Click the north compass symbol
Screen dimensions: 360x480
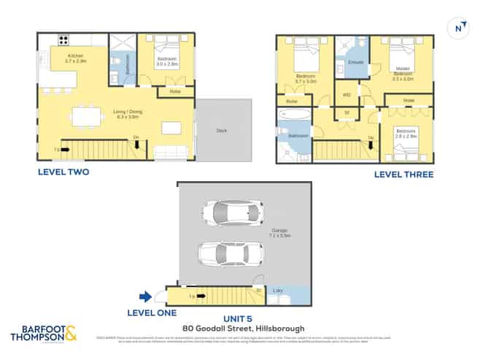[458, 28]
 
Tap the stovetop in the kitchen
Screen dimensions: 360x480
[63, 41]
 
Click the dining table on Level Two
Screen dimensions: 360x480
[86, 115]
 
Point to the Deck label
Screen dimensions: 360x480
[222, 131]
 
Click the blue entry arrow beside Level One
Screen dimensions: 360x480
[145, 296]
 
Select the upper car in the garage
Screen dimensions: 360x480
[231, 213]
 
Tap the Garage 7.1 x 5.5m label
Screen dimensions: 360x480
[279, 233]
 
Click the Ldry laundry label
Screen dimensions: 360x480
[278, 291]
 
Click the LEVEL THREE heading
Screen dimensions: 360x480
[403, 175]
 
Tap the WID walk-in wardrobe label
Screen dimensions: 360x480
[347, 94]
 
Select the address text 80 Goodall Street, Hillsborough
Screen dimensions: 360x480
[244, 329]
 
